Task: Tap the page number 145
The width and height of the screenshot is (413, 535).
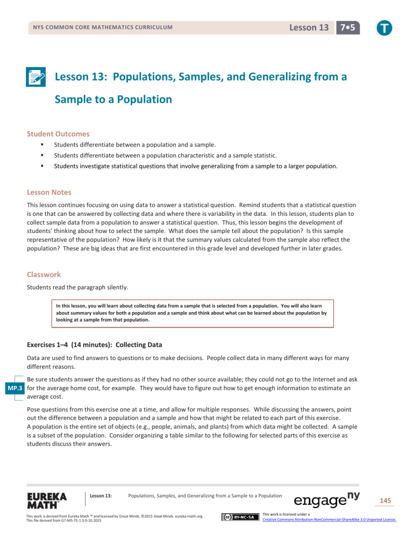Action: (x=386, y=500)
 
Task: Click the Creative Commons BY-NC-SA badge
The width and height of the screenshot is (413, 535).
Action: (x=238, y=518)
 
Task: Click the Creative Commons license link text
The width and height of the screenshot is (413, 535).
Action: (x=329, y=520)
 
